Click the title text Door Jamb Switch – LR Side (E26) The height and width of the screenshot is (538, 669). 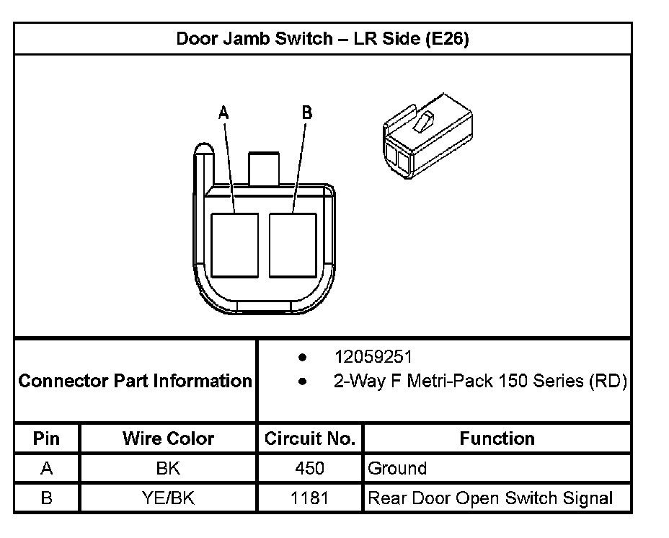point(322,39)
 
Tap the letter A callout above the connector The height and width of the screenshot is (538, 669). point(223,113)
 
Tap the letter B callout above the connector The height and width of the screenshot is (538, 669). point(306,113)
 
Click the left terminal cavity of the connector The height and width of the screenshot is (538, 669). point(234,245)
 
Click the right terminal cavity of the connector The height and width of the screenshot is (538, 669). point(293,245)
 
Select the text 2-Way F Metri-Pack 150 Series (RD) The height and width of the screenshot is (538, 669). point(479,381)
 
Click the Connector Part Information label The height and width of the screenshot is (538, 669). point(135,381)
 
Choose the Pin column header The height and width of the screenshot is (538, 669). point(47,438)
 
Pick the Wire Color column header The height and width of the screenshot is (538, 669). point(168,438)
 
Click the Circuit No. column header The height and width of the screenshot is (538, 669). point(310,438)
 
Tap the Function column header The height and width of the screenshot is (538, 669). point(497,438)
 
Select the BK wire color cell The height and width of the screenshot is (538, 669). point(168,469)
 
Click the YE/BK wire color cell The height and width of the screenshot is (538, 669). point(168,498)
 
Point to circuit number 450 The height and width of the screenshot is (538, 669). point(310,469)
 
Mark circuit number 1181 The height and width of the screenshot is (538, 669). point(310,498)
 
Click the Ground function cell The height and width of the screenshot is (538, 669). point(397,469)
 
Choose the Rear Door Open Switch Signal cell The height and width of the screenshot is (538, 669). point(490,498)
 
